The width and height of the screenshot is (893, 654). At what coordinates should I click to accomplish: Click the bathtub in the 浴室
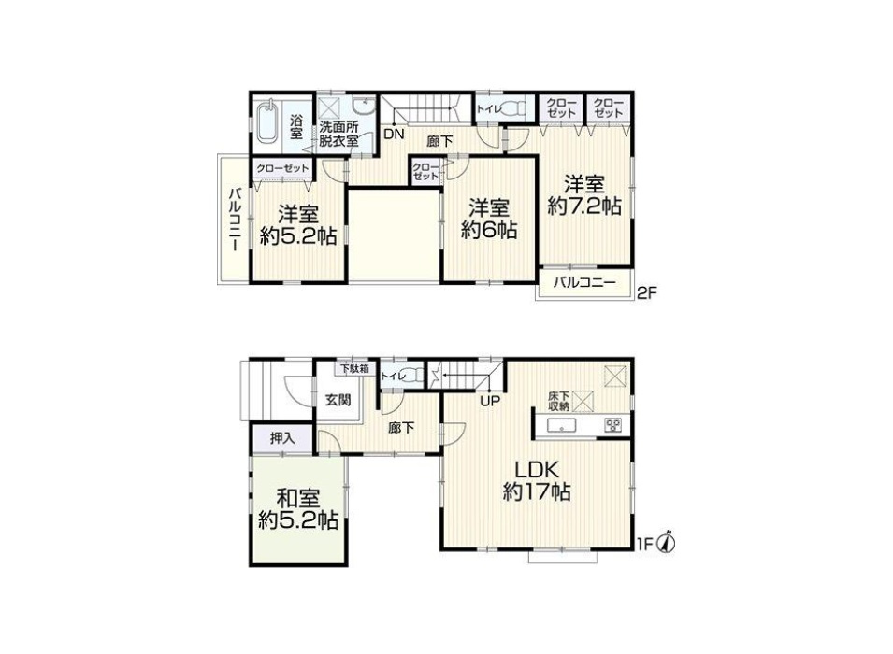click(x=266, y=123)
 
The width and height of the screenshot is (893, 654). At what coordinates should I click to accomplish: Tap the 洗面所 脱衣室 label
click(x=338, y=134)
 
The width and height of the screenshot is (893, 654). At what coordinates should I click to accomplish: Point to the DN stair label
click(x=394, y=135)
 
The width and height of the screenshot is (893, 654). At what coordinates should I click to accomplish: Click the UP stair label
click(x=490, y=401)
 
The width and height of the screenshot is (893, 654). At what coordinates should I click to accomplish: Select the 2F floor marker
click(x=647, y=293)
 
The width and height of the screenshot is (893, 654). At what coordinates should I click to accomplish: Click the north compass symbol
click(x=667, y=543)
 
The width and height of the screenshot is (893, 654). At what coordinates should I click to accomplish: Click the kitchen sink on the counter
click(x=562, y=425)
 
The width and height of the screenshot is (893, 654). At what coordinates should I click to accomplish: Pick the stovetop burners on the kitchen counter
click(x=613, y=425)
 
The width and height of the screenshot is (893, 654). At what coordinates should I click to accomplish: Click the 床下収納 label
click(x=558, y=401)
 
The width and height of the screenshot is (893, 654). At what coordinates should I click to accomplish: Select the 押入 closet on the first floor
click(x=281, y=438)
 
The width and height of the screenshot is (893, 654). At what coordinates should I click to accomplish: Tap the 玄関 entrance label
click(x=338, y=400)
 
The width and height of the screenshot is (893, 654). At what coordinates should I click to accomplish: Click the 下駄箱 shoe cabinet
click(x=354, y=368)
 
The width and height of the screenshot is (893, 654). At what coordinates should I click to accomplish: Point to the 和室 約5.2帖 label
click(x=298, y=509)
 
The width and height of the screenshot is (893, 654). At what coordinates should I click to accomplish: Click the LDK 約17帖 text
click(x=537, y=481)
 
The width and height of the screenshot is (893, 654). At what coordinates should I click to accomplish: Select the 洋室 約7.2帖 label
click(x=584, y=196)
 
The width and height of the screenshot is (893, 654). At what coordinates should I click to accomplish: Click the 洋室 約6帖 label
click(x=489, y=219)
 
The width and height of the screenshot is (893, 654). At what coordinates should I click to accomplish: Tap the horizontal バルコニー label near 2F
click(x=584, y=283)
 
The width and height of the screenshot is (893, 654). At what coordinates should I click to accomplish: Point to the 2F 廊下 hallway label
click(x=439, y=141)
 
